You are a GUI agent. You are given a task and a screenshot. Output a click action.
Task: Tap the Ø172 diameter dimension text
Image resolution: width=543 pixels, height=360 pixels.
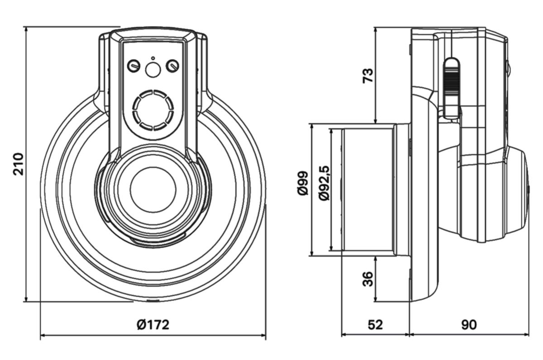click(153, 325)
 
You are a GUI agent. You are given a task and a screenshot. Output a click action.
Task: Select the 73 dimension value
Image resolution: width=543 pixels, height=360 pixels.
click(369, 75)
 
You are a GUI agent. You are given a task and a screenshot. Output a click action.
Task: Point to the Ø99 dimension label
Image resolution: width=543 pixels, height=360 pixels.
click(303, 183)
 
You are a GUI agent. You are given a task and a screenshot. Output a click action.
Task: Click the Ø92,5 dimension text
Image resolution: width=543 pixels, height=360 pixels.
click(324, 183)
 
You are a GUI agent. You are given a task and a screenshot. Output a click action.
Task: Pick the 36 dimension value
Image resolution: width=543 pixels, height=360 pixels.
click(369, 279)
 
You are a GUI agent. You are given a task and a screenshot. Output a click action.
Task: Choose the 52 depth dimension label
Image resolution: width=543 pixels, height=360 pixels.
click(375, 325)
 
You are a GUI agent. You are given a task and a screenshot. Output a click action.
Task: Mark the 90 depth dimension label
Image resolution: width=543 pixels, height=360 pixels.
click(469, 325)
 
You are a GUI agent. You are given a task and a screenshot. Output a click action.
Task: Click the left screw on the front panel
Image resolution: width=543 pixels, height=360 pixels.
click(133, 66)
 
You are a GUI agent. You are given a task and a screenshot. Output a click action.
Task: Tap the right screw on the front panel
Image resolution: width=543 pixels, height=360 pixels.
click(172, 66)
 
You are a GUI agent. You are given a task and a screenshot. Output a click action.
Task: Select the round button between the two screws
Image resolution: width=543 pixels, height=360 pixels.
click(152, 70)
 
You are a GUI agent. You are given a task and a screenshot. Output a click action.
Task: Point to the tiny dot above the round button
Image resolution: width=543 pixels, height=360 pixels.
click(152, 58)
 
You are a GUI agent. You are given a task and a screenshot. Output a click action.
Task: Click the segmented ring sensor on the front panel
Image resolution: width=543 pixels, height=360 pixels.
click(153, 110)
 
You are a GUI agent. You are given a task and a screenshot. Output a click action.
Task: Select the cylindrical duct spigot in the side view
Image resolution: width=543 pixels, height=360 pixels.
click(367, 190)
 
